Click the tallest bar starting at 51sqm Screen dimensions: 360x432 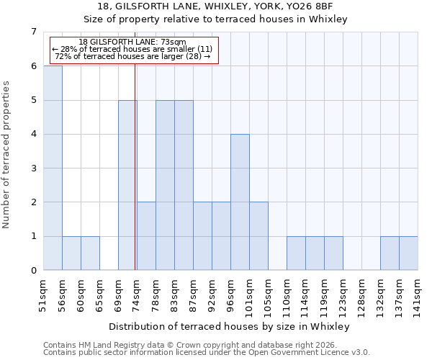pos(53,168)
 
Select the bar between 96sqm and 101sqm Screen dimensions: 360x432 pos(240,202)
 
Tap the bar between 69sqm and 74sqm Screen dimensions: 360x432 pos(127,185)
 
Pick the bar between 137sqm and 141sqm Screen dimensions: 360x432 pos(408,253)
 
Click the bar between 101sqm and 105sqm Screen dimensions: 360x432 pos(258,236)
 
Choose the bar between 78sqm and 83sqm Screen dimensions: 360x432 pos(165,185)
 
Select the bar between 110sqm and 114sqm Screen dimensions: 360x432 pos(296,253)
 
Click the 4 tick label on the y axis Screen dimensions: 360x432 pos(32,135)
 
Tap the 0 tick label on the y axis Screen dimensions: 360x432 pos(32,271)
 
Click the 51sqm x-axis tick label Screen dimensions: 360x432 pos(44,294)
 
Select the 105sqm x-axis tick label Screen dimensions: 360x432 pos(269,297)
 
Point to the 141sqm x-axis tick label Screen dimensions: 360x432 pos(418,297)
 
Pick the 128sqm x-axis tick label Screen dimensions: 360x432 pos(362,297)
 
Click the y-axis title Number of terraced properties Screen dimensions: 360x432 pos(7,155)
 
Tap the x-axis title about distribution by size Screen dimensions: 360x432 pos(230,327)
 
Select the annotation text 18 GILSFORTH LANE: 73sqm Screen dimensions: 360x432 pos(132,42)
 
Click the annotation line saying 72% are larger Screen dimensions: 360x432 pos(132,56)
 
